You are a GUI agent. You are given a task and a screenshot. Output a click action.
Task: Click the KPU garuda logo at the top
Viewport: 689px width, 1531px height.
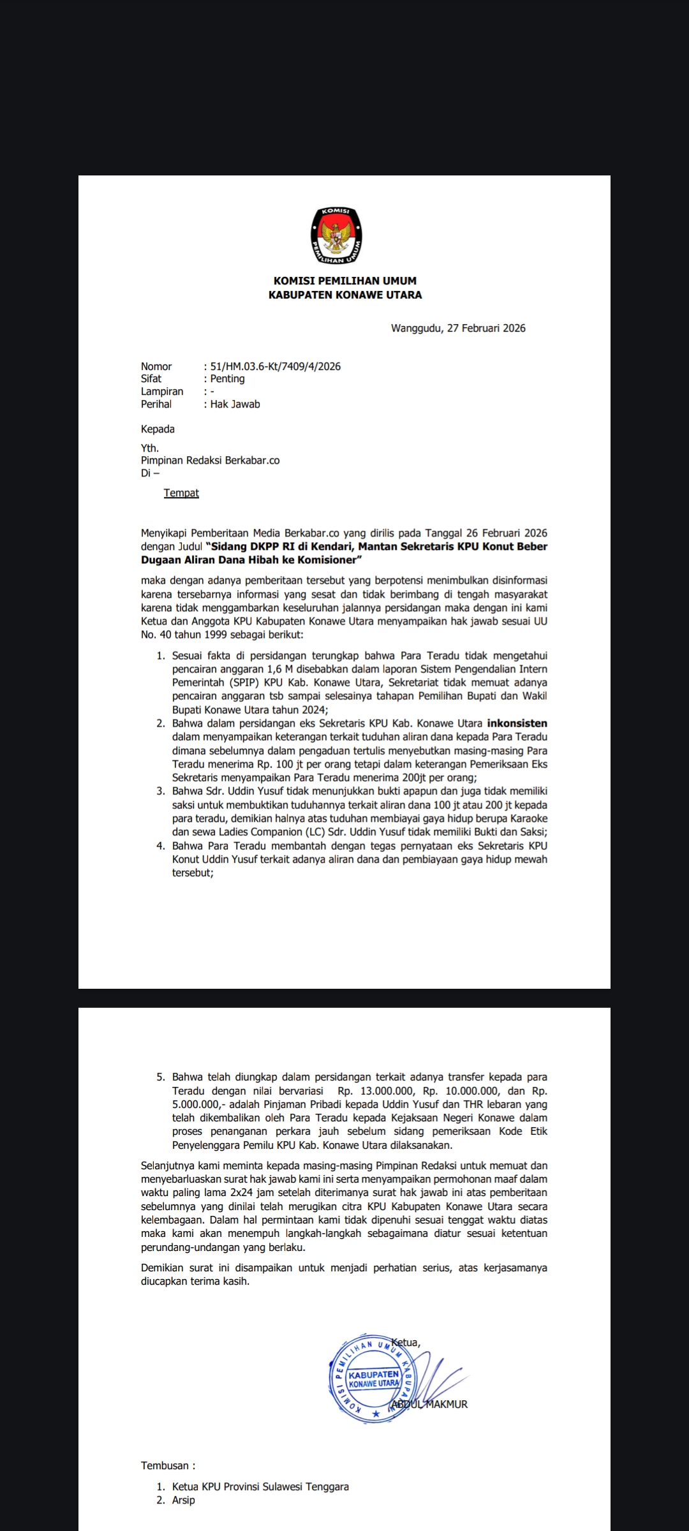click(336, 235)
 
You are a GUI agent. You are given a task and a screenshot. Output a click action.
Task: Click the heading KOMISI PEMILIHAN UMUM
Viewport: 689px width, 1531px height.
click(344, 281)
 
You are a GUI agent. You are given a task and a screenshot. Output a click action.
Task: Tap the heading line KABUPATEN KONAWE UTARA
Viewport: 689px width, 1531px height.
click(344, 295)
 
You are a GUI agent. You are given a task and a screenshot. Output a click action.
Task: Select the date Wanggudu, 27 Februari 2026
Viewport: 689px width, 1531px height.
click(458, 328)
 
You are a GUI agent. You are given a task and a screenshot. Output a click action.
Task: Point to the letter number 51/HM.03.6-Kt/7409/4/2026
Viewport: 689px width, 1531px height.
click(275, 366)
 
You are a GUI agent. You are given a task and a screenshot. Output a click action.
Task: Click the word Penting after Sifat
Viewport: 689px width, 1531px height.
click(227, 378)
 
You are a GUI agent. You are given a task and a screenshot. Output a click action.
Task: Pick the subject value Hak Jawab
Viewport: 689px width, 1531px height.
click(235, 404)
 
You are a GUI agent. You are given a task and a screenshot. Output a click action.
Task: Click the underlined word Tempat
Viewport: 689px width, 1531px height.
click(181, 493)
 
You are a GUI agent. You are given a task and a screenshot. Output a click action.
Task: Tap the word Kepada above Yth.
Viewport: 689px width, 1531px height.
click(158, 429)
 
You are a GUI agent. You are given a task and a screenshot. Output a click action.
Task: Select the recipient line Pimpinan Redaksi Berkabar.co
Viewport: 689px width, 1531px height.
click(210, 460)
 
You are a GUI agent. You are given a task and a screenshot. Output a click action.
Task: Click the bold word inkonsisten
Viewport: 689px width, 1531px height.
click(517, 723)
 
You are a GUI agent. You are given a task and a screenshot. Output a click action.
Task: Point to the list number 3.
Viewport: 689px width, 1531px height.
click(161, 791)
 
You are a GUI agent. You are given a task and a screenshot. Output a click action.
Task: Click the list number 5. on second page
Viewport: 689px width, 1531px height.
click(161, 1077)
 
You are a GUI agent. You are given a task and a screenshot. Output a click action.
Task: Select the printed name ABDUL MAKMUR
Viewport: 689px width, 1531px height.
click(429, 1404)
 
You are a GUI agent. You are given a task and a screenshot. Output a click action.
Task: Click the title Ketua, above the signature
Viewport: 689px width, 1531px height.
click(406, 1342)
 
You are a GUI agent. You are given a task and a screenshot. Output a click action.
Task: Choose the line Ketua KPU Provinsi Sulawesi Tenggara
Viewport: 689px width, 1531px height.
click(260, 1486)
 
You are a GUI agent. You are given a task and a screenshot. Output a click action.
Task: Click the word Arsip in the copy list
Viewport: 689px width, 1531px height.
click(183, 1500)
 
